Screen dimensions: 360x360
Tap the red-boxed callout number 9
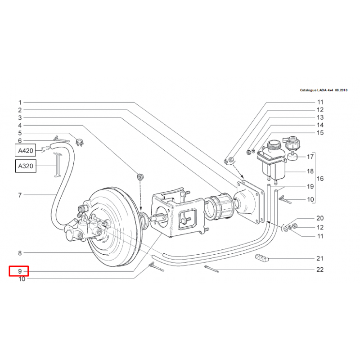(19, 271)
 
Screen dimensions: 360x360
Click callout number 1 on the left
(20, 102)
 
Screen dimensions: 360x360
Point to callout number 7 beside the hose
(20, 195)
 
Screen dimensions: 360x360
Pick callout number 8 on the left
(20, 253)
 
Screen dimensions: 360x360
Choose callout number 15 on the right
(320, 133)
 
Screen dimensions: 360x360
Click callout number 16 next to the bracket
(320, 179)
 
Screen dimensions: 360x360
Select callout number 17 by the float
(310, 157)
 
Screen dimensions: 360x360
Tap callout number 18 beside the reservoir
(310, 171)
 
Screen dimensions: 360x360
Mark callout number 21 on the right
(320, 258)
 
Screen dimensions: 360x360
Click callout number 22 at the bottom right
(320, 270)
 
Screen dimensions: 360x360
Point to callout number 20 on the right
(320, 218)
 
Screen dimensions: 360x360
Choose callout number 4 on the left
(20, 125)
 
